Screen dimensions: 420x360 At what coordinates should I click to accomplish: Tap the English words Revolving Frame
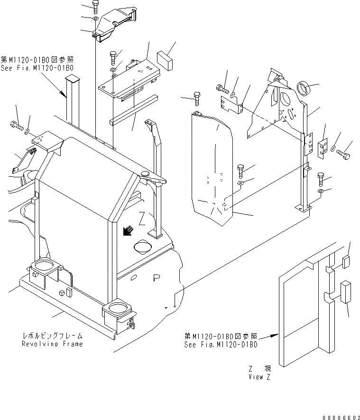52,344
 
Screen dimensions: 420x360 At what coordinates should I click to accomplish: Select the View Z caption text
259,377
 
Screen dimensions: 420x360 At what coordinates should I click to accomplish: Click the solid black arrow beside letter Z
127,230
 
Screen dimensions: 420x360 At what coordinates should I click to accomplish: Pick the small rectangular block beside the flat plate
164,60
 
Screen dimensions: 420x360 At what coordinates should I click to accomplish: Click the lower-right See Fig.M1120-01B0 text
221,344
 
